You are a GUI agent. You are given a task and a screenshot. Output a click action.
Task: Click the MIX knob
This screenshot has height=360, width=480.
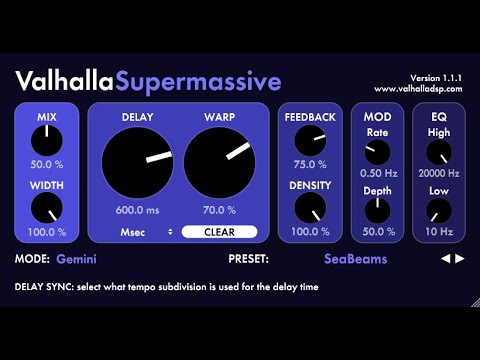[47, 141]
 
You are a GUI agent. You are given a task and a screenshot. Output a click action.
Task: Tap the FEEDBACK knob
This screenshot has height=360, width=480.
[310, 141]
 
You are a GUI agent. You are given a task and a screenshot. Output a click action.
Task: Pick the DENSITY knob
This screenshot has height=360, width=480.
[310, 208]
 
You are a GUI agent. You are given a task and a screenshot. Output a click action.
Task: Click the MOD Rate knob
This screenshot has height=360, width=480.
[377, 152]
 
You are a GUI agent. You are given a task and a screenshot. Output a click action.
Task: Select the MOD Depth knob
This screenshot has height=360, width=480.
[377, 209]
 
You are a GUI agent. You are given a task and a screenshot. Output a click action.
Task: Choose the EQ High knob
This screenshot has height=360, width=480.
[438, 152]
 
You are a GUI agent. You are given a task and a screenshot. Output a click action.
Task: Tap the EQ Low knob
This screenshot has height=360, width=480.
[438, 209]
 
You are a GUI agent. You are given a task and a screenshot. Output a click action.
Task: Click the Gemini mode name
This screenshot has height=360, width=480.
[77, 258]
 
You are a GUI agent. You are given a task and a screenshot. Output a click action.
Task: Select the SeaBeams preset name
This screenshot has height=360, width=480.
[355, 258]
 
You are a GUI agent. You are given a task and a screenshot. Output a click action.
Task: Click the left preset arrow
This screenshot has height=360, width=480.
[446, 258]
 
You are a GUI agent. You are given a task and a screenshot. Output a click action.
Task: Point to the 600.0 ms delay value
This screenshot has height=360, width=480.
[136, 210]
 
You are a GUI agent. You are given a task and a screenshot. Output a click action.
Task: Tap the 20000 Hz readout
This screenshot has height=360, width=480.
[438, 174]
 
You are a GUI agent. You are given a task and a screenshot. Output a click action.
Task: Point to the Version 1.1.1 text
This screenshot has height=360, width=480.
[438, 77]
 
